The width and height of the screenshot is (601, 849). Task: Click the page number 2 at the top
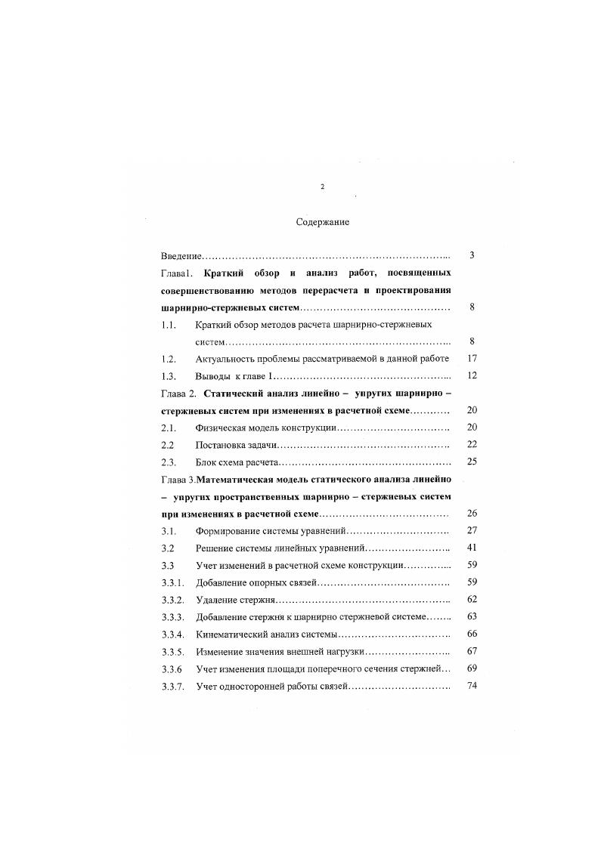pyautogui.click(x=322, y=186)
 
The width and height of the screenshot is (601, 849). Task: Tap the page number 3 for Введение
pyautogui.click(x=472, y=255)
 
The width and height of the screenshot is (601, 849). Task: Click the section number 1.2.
pyautogui.click(x=169, y=359)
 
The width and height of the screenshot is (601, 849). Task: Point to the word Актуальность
pyautogui.click(x=226, y=359)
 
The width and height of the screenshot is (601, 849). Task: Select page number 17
pyautogui.click(x=472, y=359)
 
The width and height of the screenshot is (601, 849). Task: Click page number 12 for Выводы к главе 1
pyautogui.click(x=472, y=376)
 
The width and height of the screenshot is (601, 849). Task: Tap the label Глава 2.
pyautogui.click(x=179, y=394)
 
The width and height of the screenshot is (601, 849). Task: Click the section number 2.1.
pyautogui.click(x=169, y=428)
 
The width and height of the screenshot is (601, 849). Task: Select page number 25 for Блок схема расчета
pyautogui.click(x=472, y=462)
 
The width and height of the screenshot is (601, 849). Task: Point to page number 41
pyautogui.click(x=472, y=547)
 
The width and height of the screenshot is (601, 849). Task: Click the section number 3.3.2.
pyautogui.click(x=172, y=600)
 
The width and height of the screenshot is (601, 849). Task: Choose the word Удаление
pyautogui.click(x=216, y=600)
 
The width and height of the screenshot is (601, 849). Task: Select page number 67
pyautogui.click(x=472, y=650)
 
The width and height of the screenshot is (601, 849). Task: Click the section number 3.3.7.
pyautogui.click(x=172, y=686)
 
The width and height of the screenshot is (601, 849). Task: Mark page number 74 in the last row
pyautogui.click(x=472, y=685)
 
